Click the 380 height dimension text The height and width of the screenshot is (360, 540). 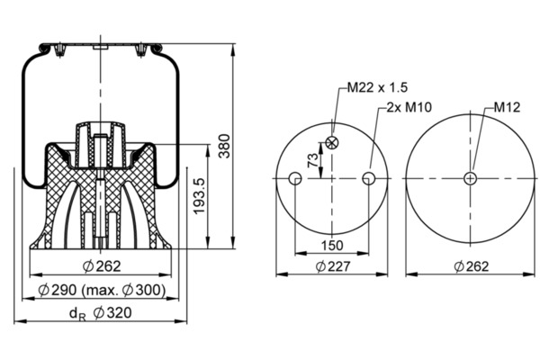(224, 146)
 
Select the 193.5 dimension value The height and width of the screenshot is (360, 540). (200, 196)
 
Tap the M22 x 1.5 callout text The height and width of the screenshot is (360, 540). (377, 87)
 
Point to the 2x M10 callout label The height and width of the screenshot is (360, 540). (409, 107)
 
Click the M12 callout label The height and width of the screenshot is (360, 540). (507, 107)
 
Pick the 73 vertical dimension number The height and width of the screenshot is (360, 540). (313, 160)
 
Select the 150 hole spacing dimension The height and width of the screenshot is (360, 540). (332, 246)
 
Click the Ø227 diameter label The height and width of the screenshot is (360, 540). (333, 266)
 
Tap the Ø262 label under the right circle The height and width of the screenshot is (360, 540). (471, 266)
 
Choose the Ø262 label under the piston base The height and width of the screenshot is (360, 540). (102, 266)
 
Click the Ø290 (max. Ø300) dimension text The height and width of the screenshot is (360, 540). (102, 290)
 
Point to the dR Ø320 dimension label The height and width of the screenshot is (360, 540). (101, 313)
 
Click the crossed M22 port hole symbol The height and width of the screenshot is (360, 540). (332, 142)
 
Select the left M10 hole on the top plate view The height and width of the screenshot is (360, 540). (295, 178)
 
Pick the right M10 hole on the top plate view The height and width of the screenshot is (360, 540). (369, 178)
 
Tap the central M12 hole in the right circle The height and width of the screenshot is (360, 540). (470, 178)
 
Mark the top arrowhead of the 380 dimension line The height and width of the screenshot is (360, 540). (233, 49)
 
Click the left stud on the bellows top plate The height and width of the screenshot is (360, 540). (59, 50)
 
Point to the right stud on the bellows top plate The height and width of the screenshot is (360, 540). (140, 50)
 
